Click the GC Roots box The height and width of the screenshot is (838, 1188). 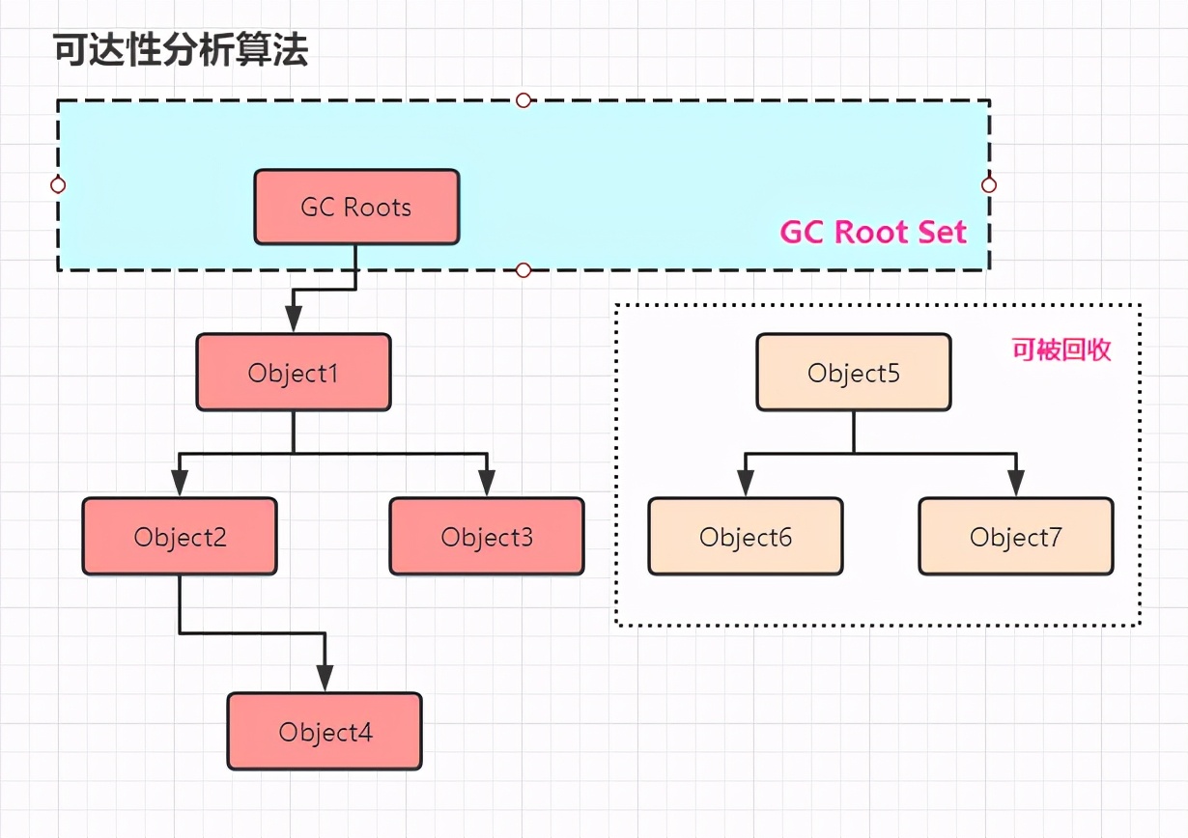pyautogui.click(x=356, y=208)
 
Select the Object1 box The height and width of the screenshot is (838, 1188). pyautogui.click(x=294, y=373)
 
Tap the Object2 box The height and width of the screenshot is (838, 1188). pyautogui.click(x=180, y=537)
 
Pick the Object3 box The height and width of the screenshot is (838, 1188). pyautogui.click(x=487, y=537)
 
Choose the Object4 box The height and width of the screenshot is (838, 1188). pyautogui.click(x=325, y=732)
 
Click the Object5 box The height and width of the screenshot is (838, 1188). pyautogui.click(x=854, y=373)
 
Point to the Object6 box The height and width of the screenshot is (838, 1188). pyautogui.click(x=746, y=537)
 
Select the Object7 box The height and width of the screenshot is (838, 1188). pyautogui.click(x=1016, y=537)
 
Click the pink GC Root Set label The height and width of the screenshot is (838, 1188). pyautogui.click(x=873, y=233)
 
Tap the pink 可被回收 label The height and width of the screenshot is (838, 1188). pyautogui.click(x=1061, y=349)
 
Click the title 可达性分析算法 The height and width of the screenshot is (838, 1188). pyautogui.click(x=181, y=50)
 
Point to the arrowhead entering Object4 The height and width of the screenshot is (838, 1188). pyautogui.click(x=325, y=678)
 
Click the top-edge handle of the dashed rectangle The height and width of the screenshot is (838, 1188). pyautogui.click(x=523, y=99)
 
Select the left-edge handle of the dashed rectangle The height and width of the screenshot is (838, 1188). pyautogui.click(x=58, y=184)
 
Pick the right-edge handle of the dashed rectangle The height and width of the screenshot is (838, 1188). pyautogui.click(x=988, y=184)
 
